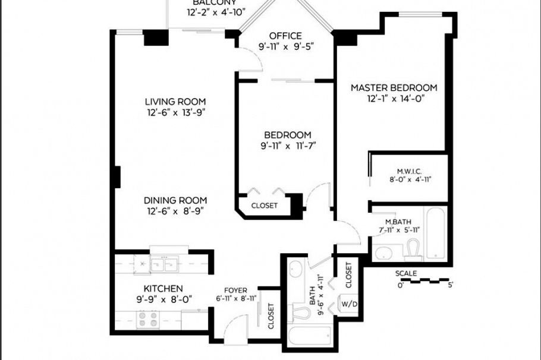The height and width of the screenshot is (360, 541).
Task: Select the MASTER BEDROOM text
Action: (394, 88)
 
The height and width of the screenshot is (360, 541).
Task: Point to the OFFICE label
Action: (285, 36)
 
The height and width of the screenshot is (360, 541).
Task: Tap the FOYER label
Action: (235, 290)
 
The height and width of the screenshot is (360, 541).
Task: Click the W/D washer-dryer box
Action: (348, 305)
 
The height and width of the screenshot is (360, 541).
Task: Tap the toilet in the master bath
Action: (413, 250)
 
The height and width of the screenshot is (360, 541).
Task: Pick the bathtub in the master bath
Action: (435, 233)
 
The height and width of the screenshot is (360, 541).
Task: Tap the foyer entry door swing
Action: (236, 327)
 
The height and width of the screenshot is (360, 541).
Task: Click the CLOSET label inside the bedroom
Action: (265, 206)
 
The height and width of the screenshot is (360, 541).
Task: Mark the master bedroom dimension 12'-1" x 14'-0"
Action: (394, 99)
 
